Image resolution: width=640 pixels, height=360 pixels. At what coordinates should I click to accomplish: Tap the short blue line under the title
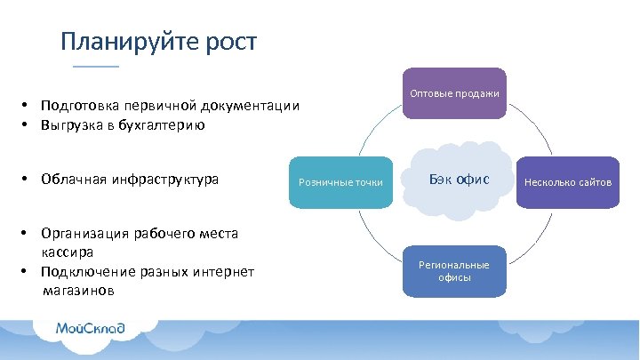coord(95,67)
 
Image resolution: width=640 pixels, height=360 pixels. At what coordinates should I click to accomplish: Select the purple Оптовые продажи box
coord(454,93)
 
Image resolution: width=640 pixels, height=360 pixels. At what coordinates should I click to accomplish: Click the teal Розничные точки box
coord(340,182)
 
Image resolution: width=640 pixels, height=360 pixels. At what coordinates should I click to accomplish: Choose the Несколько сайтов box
coord(568,182)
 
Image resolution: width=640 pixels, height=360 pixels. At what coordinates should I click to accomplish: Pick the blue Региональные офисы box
coord(454,271)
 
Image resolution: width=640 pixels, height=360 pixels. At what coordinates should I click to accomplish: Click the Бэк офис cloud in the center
coord(459,181)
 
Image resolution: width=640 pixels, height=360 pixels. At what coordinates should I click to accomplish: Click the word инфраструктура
coord(165,180)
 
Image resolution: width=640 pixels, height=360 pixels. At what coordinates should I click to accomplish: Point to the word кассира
coord(68,252)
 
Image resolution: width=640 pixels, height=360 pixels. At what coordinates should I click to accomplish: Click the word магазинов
coord(83,291)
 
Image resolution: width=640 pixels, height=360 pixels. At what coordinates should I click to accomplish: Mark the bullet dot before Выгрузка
coord(28,125)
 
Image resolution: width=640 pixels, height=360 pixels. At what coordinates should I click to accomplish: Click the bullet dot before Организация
coord(28,234)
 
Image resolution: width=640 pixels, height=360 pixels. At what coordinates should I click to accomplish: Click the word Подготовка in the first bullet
coord(81,107)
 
